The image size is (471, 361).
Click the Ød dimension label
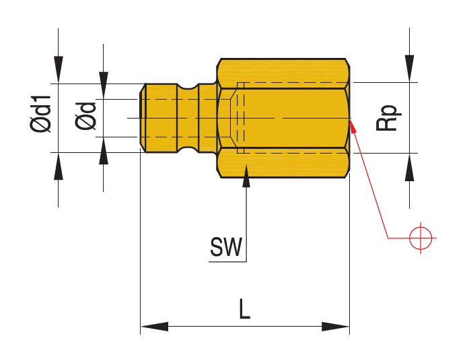[85, 116]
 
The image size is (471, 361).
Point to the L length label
[244, 309]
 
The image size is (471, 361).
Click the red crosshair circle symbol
[421, 236]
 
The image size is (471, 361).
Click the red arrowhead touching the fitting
[354, 128]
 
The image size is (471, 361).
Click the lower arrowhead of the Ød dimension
[104, 153]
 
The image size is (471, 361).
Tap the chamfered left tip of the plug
[143, 117]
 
